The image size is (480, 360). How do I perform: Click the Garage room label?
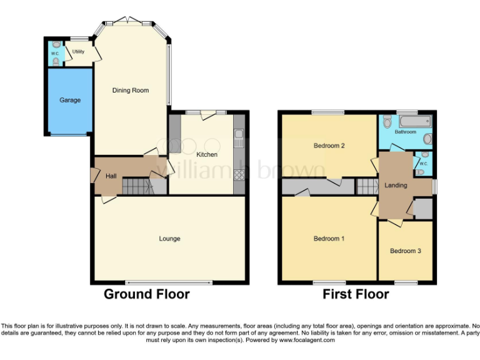(x=70, y=100)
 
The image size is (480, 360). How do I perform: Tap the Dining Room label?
(x=131, y=91)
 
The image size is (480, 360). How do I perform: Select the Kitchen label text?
(x=207, y=154)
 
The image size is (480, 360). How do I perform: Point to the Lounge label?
(x=169, y=239)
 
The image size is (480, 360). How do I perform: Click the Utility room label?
(x=78, y=52)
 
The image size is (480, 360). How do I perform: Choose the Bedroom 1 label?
(x=329, y=239)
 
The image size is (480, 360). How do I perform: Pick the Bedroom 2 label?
(x=329, y=146)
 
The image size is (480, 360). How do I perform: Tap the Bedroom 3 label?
(x=406, y=251)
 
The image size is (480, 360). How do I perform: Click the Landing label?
(x=396, y=186)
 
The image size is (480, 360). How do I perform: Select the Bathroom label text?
(x=405, y=132)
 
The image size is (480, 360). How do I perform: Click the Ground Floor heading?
(x=146, y=294)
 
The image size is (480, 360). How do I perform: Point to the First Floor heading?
(x=356, y=294)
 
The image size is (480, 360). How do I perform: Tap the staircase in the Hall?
(x=136, y=186)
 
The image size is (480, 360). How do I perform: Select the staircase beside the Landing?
(x=367, y=186)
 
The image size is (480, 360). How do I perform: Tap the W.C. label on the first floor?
(x=423, y=164)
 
